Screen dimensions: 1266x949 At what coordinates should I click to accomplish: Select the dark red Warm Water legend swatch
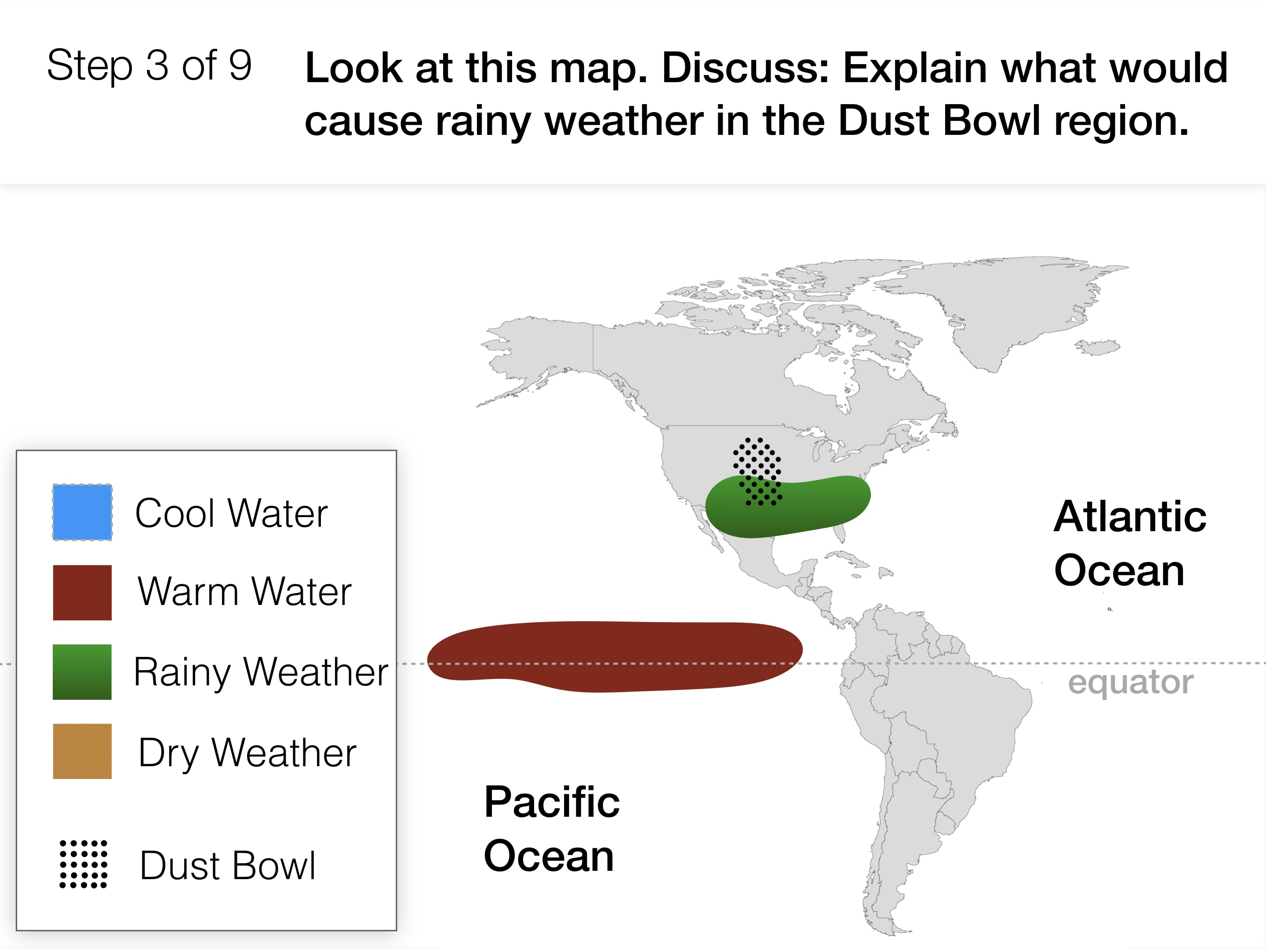[82, 593]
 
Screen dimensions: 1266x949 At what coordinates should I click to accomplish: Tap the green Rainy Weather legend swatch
[82, 672]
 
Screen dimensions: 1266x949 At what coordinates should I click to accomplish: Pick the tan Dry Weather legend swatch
[82, 752]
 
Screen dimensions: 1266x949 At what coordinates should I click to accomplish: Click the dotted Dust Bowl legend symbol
[84, 864]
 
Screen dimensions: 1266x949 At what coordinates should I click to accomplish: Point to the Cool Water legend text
[231, 513]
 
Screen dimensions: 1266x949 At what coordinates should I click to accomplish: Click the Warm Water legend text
[244, 591]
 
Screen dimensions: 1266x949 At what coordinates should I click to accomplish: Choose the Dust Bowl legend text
[228, 866]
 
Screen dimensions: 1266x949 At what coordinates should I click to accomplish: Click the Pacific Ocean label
[552, 829]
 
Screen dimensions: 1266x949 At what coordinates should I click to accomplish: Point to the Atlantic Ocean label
[1130, 543]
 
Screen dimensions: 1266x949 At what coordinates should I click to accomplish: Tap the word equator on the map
[1131, 682]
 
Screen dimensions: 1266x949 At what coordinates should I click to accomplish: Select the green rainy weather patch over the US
[788, 507]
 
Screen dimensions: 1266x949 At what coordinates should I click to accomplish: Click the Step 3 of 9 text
[149, 66]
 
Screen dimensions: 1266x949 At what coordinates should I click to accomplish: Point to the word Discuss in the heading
[745, 68]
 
